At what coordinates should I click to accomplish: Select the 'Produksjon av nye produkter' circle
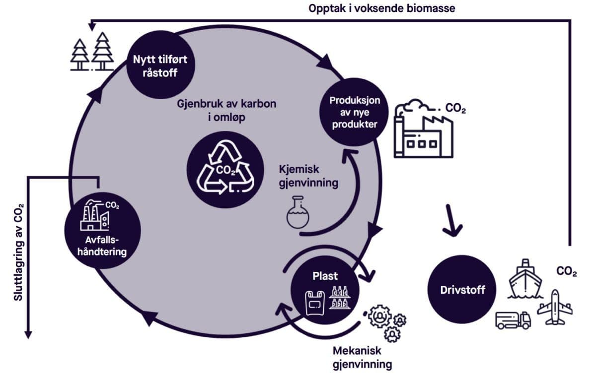[x=355, y=112]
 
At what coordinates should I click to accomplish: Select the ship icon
[x=526, y=279]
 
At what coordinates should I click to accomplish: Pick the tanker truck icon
[x=513, y=320]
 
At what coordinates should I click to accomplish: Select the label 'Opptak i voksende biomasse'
[x=381, y=8]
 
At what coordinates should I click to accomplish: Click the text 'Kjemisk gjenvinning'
[x=308, y=176]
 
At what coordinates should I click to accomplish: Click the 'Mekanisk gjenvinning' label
[x=362, y=358]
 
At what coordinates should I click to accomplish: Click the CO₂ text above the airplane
[x=567, y=272]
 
